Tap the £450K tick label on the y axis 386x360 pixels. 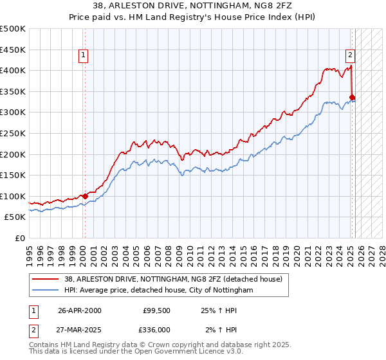pos(13,50)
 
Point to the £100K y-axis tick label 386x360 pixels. pos(13,196)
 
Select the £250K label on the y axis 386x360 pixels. pos(13,133)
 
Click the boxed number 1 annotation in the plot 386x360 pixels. pos(84,56)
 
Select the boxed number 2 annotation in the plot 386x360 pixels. pos(351,55)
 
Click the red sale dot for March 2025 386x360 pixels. pos(352,97)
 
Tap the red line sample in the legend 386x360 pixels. pos(46,278)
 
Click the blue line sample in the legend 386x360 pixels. pos(46,290)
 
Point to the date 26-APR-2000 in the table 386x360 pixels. pos(80,310)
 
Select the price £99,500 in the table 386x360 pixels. pos(156,310)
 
